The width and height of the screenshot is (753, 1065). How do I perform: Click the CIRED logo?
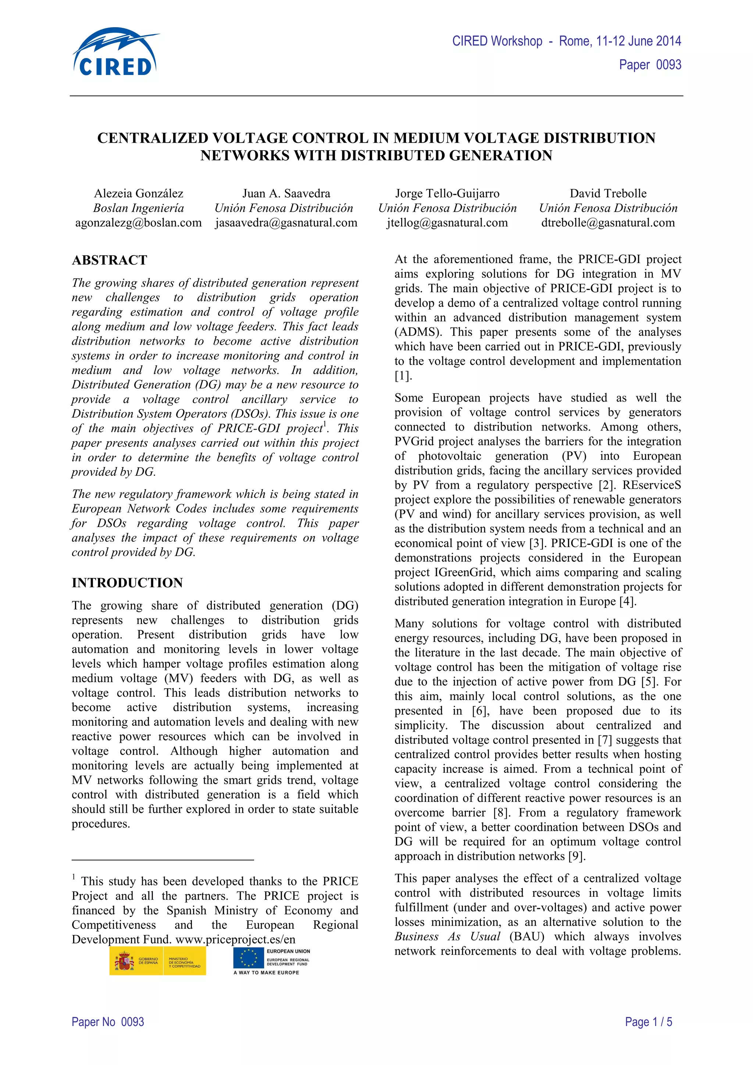[x=115, y=53]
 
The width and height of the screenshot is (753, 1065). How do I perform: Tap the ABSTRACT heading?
[x=110, y=260]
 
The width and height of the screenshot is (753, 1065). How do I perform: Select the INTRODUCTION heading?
[x=127, y=582]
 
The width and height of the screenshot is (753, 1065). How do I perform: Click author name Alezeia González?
[x=139, y=193]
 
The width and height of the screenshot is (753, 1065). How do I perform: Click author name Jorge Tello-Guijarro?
[x=447, y=193]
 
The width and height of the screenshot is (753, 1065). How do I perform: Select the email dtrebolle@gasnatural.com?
[x=608, y=223]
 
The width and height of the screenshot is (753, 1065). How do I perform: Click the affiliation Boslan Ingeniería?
[x=139, y=208]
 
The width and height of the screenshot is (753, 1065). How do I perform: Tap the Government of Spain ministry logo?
[x=157, y=961]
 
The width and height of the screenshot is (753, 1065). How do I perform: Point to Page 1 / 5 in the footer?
[x=648, y=1022]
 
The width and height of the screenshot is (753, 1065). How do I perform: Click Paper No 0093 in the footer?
[x=108, y=1022]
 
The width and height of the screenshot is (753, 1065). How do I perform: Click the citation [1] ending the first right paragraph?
[x=403, y=376]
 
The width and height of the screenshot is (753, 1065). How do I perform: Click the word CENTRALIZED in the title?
[x=153, y=138]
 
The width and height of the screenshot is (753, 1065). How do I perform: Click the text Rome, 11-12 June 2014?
[x=620, y=41]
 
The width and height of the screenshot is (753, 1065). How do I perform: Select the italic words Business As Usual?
[x=447, y=936]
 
